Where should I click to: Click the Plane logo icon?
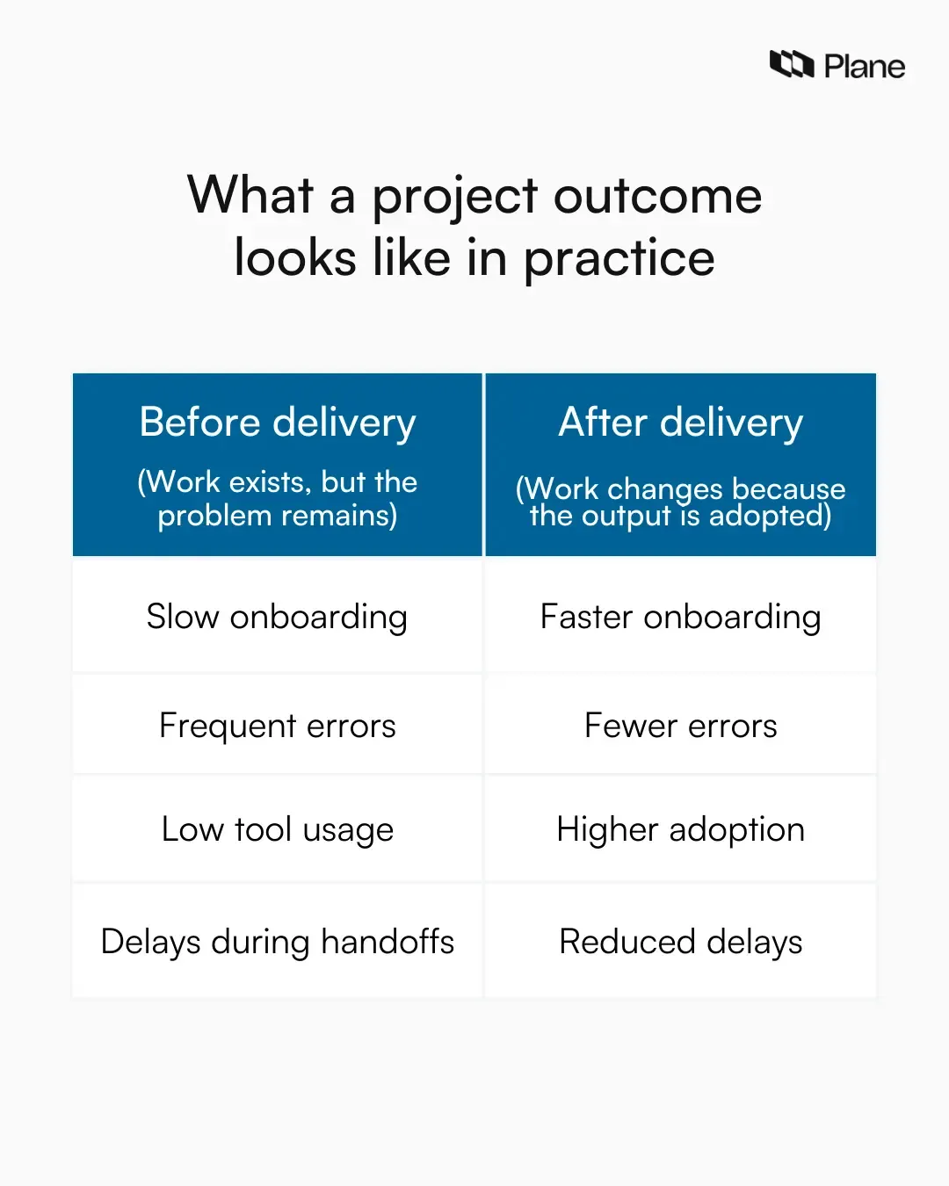pos(792,64)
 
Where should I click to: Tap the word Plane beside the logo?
pos(864,67)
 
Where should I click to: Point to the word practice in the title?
pos(619,258)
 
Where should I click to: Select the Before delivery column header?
pos(278,423)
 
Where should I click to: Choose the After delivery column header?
pos(681,423)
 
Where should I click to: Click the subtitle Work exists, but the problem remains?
pos(278,498)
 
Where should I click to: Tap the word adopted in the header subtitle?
pos(770,516)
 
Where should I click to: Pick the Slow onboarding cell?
pos(278,617)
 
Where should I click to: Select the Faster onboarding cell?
pos(681,617)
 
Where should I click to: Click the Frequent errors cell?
pos(278,726)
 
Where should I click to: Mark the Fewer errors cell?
pos(681,726)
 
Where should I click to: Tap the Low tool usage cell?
pos(278,829)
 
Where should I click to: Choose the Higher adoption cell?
pos(681,829)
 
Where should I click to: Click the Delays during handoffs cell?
pos(278,942)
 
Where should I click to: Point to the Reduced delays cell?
pos(681,942)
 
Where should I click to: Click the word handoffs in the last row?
pos(388,942)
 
